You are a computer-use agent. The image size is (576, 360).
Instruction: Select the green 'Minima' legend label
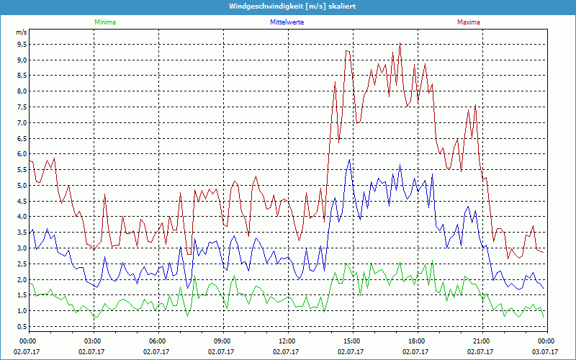tap(104, 22)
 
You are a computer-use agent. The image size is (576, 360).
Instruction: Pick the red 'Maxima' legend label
tap(467, 22)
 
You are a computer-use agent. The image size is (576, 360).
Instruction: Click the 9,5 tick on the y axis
tap(22, 43)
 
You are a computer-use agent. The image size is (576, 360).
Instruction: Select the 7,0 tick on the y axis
tap(22, 122)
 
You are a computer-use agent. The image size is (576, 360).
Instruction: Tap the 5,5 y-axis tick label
tap(22, 170)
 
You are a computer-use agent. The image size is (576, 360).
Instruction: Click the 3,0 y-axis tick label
tap(22, 248)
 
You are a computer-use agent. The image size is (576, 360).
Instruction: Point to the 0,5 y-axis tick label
tap(22, 327)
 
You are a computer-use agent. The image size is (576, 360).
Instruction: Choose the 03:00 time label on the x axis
tap(93, 341)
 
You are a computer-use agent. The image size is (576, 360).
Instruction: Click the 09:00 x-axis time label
tap(222, 341)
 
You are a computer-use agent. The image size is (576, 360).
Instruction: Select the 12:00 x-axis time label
tap(287, 341)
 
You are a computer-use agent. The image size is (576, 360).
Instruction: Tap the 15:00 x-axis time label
tap(352, 341)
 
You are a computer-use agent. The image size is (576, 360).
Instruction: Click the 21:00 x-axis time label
tap(482, 341)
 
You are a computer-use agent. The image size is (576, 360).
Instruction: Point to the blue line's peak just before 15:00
tap(350, 160)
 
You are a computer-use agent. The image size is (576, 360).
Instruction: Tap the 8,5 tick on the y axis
tap(22, 75)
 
